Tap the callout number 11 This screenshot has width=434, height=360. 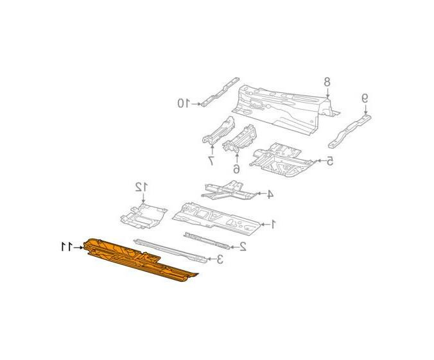click(x=67, y=247)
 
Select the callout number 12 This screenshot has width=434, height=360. click(x=141, y=187)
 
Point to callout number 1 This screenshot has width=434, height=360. click(x=273, y=224)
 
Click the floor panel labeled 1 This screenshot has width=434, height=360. click(x=216, y=219)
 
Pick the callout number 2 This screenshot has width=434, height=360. click(x=243, y=246)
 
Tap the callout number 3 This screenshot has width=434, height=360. click(x=220, y=259)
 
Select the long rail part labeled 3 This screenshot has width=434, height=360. click(x=170, y=251)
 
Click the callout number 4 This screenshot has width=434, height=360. click(x=270, y=194)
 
